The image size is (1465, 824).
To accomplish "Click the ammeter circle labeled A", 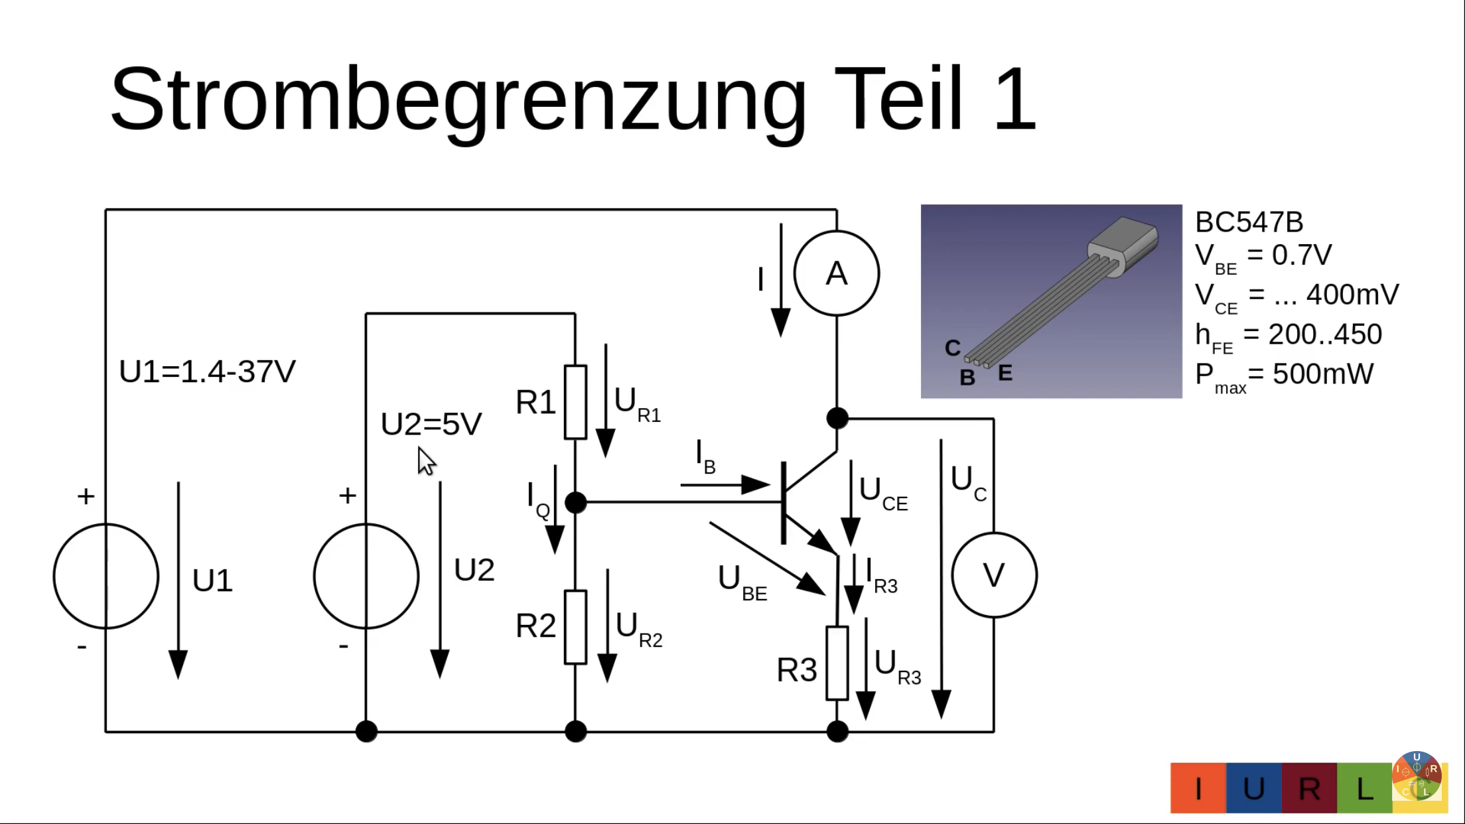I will (x=836, y=273).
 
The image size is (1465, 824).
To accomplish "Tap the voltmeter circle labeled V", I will (x=994, y=575).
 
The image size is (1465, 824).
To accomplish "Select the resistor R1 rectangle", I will (x=575, y=402).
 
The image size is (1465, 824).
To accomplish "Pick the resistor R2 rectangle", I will (x=575, y=627).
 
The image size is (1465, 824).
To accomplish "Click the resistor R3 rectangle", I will (x=837, y=663).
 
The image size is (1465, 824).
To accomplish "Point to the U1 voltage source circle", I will (x=106, y=576).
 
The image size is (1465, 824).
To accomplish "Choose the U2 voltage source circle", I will (x=366, y=576).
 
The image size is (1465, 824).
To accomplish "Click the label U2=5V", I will (x=431, y=424).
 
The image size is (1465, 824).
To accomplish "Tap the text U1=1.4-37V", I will (x=207, y=372).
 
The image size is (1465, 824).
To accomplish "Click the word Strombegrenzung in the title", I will (x=458, y=100).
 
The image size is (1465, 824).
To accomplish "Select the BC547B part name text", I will (x=1249, y=222).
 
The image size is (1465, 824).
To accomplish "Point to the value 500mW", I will (x=1323, y=374).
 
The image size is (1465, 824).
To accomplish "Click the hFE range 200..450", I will (x=1325, y=334).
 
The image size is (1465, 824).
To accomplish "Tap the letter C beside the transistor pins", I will (x=953, y=348).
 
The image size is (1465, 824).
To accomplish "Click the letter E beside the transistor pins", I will (x=1005, y=373).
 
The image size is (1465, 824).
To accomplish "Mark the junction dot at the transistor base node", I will (x=575, y=502).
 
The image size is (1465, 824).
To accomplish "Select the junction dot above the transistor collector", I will (x=837, y=418).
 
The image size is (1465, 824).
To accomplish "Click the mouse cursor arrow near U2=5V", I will (x=425, y=460).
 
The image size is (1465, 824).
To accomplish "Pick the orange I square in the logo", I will (x=1198, y=788).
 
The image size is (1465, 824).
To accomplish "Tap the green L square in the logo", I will (x=1363, y=788).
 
